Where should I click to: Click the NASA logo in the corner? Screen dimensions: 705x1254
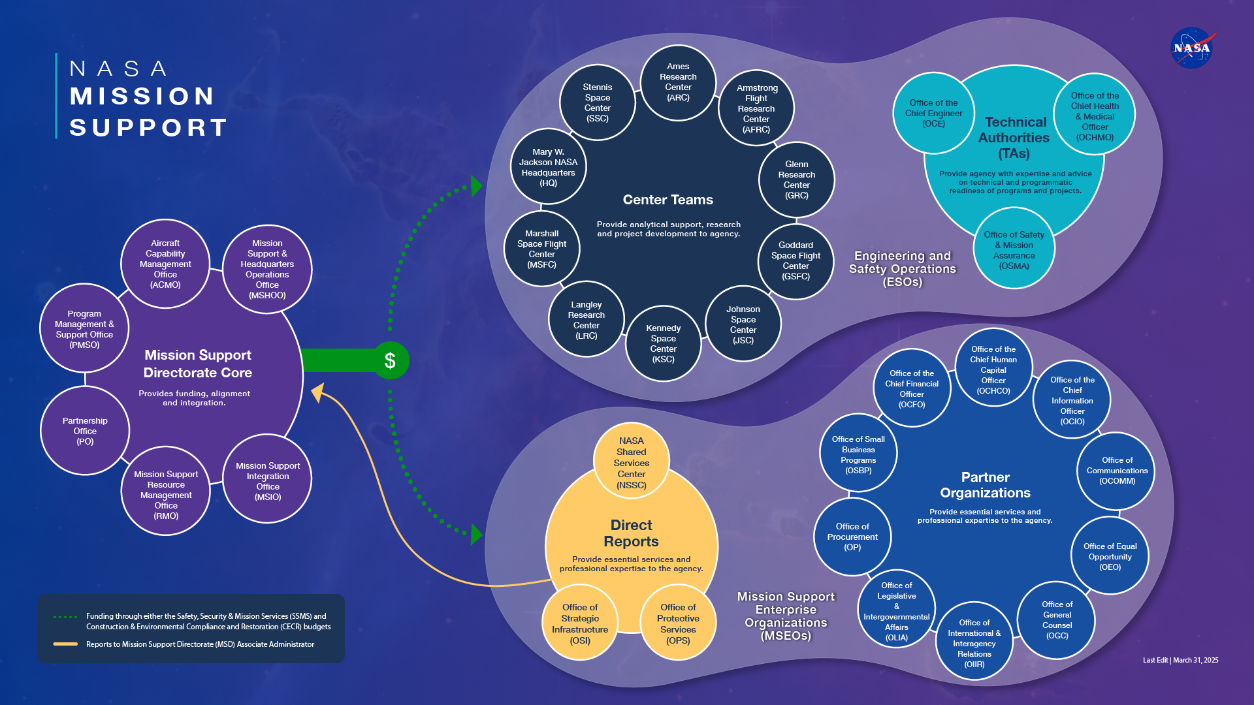(1192, 48)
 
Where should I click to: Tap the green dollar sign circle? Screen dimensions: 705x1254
(391, 360)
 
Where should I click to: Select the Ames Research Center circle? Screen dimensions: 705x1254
(678, 82)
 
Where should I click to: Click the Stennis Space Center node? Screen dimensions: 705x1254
(597, 103)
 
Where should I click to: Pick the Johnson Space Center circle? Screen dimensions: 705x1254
(743, 324)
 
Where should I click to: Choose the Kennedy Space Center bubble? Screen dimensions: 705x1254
(663, 343)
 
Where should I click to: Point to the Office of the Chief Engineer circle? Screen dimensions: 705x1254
(933, 113)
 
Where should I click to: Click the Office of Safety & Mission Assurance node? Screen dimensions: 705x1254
(1014, 249)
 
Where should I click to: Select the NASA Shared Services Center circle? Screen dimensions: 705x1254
(631, 462)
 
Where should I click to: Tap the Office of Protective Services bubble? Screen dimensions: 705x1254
(678, 623)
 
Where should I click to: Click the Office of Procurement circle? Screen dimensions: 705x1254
(852, 537)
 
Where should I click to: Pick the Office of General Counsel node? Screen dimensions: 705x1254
(1057, 620)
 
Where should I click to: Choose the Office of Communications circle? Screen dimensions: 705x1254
(1116, 471)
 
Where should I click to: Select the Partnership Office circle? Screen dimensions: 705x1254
(85, 431)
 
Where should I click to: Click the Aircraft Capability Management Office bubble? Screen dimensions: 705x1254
(165, 264)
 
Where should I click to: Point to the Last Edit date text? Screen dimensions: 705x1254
(1180, 660)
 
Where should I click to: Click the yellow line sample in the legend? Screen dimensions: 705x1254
(65, 644)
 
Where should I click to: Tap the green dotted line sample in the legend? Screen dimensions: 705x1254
(65, 617)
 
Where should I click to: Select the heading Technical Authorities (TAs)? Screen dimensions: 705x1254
(1014, 138)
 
